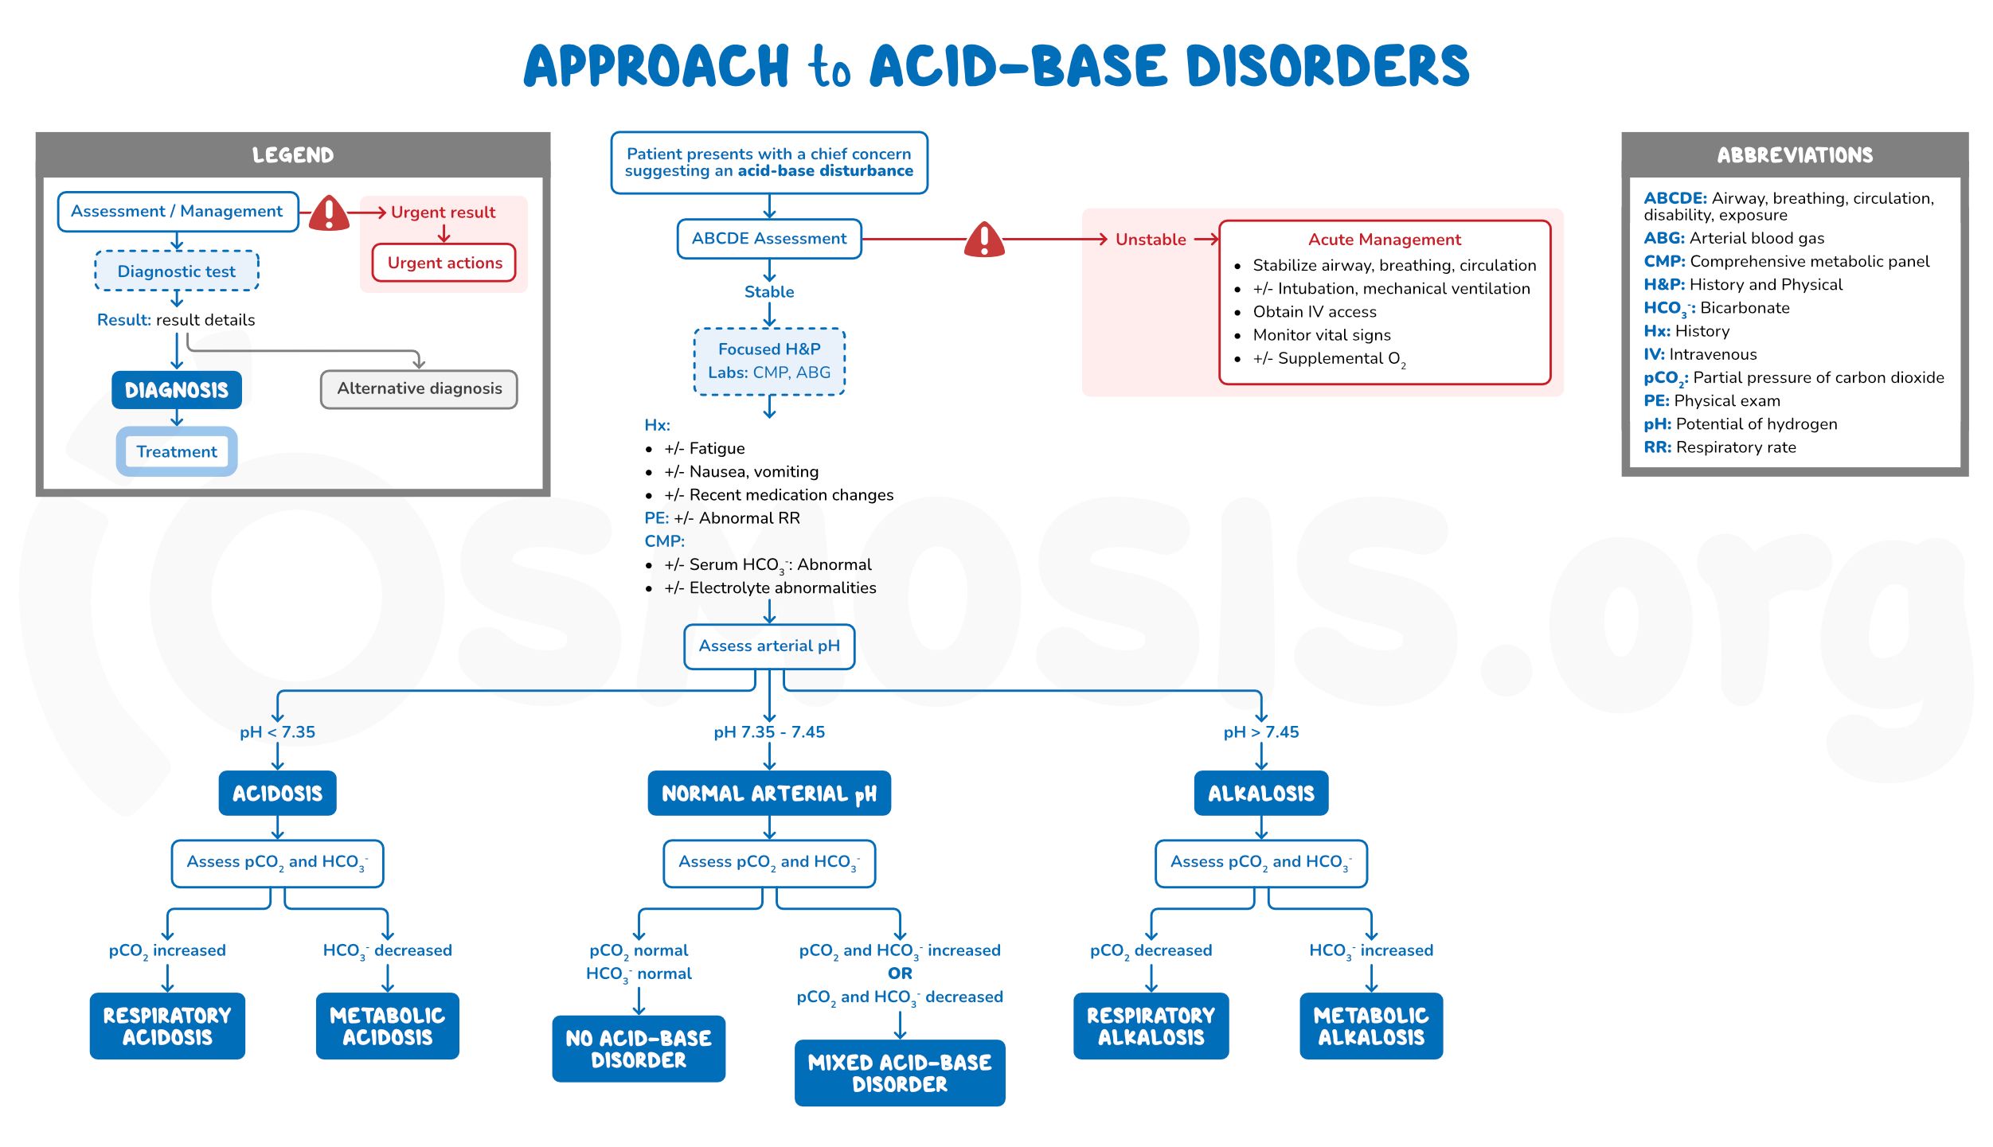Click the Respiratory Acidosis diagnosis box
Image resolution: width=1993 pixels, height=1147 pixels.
coord(167,1025)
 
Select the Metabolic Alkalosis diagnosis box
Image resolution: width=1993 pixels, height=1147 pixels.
coord(1370,1025)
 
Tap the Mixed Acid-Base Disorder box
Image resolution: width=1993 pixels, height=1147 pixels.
coord(899,1072)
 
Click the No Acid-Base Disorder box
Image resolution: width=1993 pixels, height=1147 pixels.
coord(638,1048)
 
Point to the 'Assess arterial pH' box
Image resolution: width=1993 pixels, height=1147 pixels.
coord(768,646)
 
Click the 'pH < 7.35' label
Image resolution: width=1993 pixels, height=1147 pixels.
coord(277,732)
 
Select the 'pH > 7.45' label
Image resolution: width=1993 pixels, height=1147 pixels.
coord(1260,732)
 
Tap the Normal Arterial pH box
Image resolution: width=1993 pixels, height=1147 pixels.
coord(768,793)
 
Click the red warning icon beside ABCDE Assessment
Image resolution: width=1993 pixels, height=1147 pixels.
coord(984,239)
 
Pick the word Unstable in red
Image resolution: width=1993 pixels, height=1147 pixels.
coord(1150,240)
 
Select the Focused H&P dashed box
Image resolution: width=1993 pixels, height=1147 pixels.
coord(768,361)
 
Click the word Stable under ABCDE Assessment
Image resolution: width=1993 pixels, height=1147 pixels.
coord(768,291)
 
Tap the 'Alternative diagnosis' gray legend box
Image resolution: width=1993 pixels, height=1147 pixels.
coord(419,388)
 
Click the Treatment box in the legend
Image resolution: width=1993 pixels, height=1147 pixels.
coord(176,451)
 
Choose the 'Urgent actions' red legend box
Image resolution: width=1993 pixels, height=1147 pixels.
coord(444,263)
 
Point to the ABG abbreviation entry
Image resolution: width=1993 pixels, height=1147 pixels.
coord(1733,238)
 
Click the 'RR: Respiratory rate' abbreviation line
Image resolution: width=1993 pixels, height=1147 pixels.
coord(1719,447)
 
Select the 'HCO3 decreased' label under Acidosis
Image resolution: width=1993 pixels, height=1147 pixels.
coord(387,950)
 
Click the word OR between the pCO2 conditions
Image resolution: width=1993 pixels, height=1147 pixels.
coord(899,973)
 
